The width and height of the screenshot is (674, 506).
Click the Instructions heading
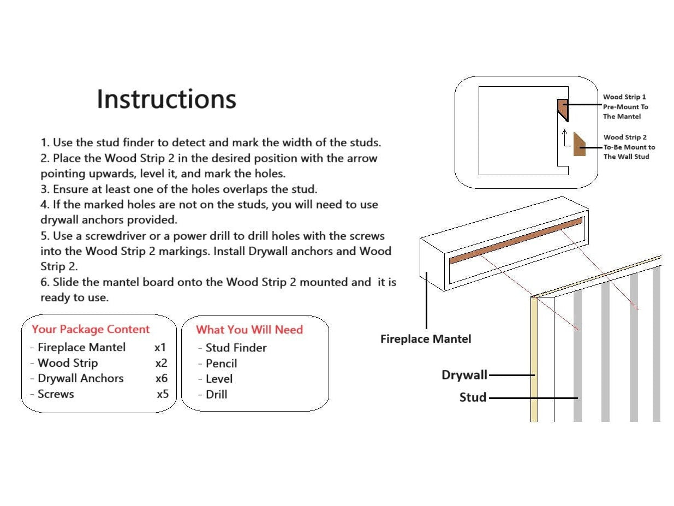(x=166, y=99)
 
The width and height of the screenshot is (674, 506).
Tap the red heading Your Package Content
(x=91, y=329)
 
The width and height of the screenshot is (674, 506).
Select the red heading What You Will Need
(x=249, y=330)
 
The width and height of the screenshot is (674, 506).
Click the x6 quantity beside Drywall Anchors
(x=162, y=378)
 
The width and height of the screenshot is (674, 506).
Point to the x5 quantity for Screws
(x=163, y=394)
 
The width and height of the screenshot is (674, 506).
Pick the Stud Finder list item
(x=236, y=348)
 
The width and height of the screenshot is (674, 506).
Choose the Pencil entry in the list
(x=221, y=364)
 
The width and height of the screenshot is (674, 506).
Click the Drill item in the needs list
(x=216, y=395)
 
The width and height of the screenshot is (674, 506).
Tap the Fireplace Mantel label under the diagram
(x=426, y=339)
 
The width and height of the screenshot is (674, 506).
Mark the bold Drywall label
(x=464, y=376)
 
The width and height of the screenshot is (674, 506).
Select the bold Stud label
(x=473, y=397)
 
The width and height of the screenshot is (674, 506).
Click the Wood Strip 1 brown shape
(x=563, y=109)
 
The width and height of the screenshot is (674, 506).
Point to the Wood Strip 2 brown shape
(x=579, y=145)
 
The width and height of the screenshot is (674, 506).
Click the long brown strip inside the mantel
(x=516, y=240)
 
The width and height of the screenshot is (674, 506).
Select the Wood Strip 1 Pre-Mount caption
(x=625, y=106)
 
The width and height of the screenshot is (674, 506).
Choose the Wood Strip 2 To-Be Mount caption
(x=629, y=147)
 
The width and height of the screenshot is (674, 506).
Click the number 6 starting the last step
(x=44, y=283)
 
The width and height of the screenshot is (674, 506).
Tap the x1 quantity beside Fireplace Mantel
(x=160, y=347)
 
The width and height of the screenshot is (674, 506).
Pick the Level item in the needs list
(x=219, y=379)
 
